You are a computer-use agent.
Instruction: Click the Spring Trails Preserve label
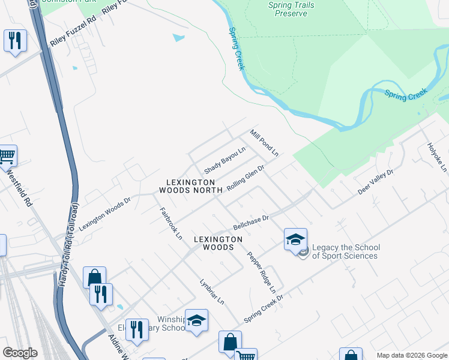[291, 9]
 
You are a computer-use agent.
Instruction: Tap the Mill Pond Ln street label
[264, 143]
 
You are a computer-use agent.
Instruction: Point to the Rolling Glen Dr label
[246, 179]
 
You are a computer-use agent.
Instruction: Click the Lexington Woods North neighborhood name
[187, 186]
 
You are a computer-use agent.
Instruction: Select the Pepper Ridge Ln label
[261, 271]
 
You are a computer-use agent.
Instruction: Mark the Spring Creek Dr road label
[263, 308]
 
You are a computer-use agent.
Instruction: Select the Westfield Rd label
[19, 188]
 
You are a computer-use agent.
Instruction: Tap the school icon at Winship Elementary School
[196, 321]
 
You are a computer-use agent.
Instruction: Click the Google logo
[20, 353]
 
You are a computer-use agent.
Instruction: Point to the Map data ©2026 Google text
[412, 355]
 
